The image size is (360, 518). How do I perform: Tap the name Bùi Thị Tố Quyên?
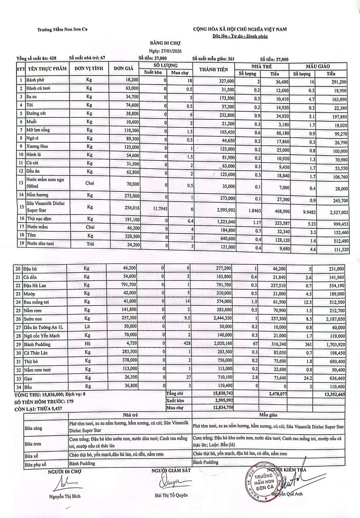pos(171,495)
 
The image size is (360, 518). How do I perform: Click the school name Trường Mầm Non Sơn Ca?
pos(63,29)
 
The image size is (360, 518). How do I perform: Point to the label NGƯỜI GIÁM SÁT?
pos(171,470)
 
